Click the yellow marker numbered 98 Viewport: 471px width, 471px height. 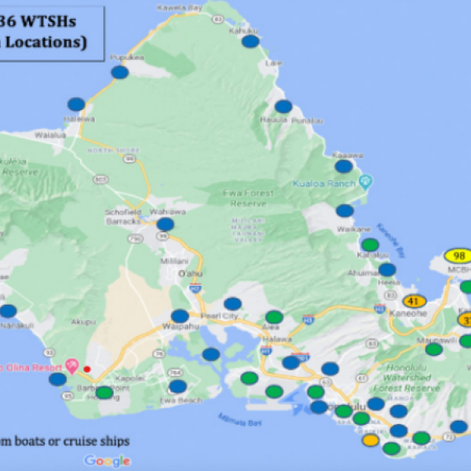(458, 256)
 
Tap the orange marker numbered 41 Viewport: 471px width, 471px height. (414, 301)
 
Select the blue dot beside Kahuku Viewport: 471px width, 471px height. (250, 42)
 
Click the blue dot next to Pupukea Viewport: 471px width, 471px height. (120, 72)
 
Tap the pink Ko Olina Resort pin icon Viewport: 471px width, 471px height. (71, 366)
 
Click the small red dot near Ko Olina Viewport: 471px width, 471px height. (87, 369)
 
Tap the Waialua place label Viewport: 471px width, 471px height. (49, 134)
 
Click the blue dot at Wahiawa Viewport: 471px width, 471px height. (165, 225)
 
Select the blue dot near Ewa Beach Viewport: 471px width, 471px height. (178, 386)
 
